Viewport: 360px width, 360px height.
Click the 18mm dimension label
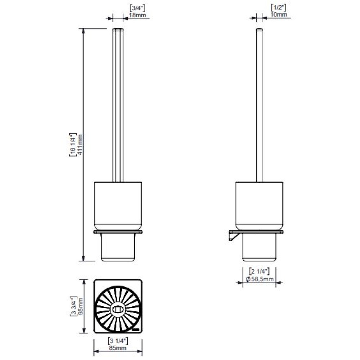tap(138, 15)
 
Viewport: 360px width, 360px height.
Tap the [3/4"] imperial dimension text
tap(138, 8)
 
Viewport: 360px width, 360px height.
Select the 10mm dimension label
tap(279, 14)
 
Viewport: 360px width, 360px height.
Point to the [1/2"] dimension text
tap(279, 8)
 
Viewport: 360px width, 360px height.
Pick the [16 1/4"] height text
tap(73, 145)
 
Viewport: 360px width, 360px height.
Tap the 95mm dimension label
tap(81, 306)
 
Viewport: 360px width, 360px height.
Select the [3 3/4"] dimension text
tap(73, 306)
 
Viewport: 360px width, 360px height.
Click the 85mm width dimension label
tap(118, 348)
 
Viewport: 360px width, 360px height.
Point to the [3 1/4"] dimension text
tap(118, 341)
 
